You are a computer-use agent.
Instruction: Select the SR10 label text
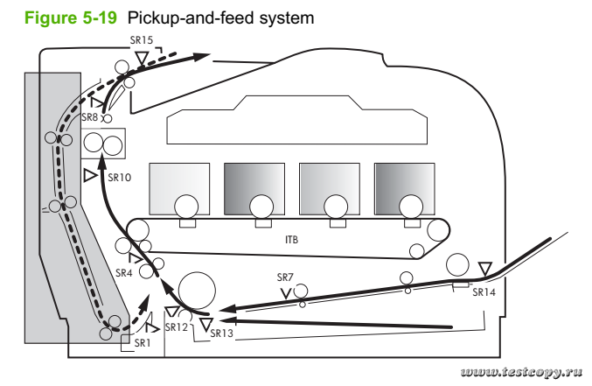point(119,177)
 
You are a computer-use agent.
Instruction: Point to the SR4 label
point(124,272)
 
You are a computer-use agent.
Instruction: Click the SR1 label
point(143,344)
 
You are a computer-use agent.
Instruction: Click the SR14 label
point(484,293)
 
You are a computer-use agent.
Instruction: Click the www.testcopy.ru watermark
point(520,372)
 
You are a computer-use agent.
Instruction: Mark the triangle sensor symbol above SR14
point(486,268)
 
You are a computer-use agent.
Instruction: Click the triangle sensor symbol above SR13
point(205,324)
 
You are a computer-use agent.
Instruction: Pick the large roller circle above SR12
point(198,290)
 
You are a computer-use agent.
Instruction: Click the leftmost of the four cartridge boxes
point(180,186)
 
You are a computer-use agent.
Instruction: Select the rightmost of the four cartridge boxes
point(403,186)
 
